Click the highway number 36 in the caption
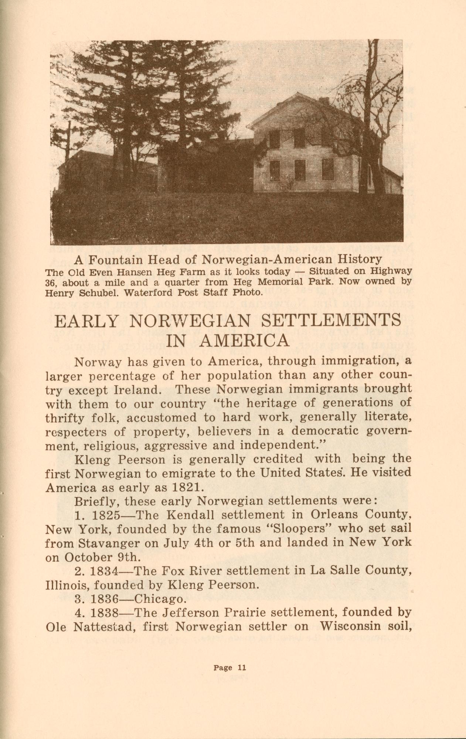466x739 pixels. [51, 283]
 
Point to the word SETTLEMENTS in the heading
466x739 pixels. [331, 320]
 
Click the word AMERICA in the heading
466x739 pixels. [228, 341]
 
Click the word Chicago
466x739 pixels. [158, 599]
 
